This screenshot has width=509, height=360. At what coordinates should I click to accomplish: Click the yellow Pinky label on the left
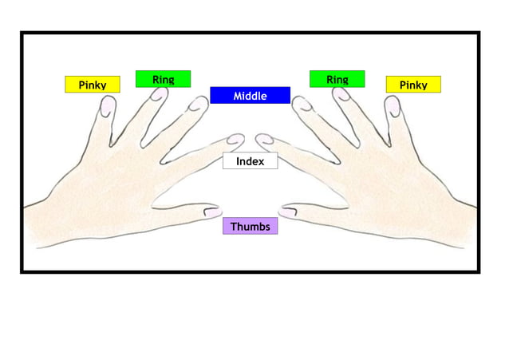(92, 85)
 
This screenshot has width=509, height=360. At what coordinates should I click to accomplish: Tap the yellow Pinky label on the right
(413, 85)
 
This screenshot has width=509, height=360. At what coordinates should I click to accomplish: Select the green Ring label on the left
(163, 79)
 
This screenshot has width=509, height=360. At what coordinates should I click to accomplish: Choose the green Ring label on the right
(337, 79)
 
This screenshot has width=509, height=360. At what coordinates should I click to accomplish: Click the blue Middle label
(250, 96)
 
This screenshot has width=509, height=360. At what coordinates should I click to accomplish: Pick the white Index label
(250, 161)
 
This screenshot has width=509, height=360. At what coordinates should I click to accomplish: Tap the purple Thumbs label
(250, 227)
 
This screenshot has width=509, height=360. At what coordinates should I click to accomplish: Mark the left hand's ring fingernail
(160, 94)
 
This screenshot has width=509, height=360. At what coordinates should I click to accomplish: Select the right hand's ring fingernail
(341, 94)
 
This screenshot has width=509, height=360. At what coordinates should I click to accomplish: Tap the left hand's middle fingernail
(196, 104)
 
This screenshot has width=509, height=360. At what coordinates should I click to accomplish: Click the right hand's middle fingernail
(302, 104)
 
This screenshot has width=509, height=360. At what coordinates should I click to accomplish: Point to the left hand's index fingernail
(235, 140)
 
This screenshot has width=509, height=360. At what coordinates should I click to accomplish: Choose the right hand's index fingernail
(264, 140)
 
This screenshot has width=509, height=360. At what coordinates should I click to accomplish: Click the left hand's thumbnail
(212, 212)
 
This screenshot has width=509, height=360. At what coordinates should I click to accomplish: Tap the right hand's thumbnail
(288, 212)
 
